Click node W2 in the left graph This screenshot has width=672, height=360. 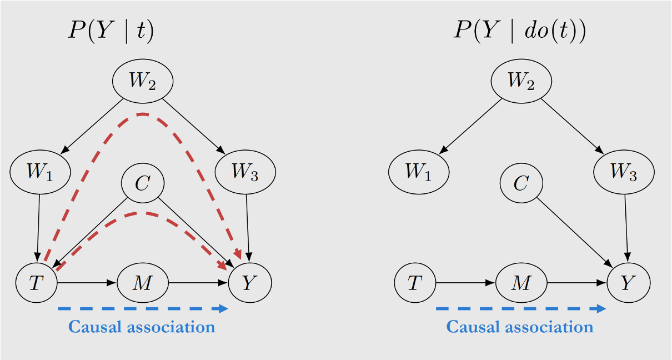tap(143, 81)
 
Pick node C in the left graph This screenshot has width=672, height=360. tap(143, 183)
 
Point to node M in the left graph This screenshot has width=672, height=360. tap(143, 283)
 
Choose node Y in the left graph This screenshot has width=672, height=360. tap(250, 283)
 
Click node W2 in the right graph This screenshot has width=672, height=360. tap(521, 81)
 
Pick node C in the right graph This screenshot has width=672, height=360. tap(521, 183)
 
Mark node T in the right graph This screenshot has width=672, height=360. tap(415, 283)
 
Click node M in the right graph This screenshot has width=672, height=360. tap(521, 283)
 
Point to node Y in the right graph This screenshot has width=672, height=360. tap(628, 283)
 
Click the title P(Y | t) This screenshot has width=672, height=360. tap(111, 31)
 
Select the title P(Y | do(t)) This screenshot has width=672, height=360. tap(519, 31)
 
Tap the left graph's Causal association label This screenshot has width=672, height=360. tap(142, 327)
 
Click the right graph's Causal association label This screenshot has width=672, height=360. tap(520, 327)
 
